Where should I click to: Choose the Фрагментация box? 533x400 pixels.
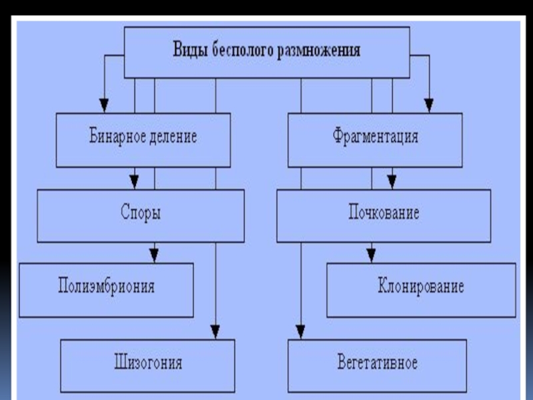(375, 139)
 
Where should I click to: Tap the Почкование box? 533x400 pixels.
(383, 215)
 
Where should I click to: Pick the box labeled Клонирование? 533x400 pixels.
(420, 288)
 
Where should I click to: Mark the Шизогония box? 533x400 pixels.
(147, 365)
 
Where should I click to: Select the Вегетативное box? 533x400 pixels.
(377, 364)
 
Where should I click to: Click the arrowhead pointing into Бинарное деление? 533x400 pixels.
(103, 105)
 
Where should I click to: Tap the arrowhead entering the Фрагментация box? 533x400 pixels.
(429, 105)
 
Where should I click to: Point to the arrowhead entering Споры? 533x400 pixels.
(135, 181)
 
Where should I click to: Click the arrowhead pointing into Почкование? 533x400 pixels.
(392, 181)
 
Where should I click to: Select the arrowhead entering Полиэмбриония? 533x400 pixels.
(154, 255)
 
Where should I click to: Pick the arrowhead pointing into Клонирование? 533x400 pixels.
(371, 255)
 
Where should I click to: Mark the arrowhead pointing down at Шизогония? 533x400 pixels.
(215, 331)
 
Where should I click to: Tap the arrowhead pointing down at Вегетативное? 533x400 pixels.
(301, 331)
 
